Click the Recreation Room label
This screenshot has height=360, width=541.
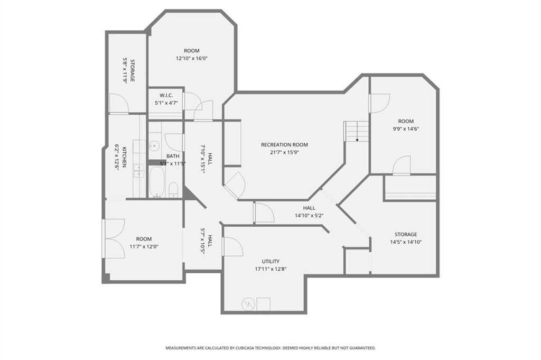tap(284, 145)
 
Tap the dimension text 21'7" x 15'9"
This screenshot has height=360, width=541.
tap(284, 153)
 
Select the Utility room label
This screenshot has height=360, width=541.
tap(270, 261)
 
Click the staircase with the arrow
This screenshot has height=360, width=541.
tap(357, 131)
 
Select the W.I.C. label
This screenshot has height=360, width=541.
tap(166, 96)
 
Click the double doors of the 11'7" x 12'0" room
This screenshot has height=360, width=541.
tap(113, 238)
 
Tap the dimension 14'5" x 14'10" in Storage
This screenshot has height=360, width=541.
tap(405, 242)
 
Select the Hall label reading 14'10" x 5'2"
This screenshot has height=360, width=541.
tap(309, 215)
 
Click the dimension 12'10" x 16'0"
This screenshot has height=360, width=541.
tap(191, 59)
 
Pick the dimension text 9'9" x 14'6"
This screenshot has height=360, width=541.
tap(406, 128)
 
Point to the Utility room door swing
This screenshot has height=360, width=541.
tap(233, 246)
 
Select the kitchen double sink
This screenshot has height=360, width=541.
tap(139, 170)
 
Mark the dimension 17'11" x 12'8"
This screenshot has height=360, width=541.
tap(270, 269)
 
